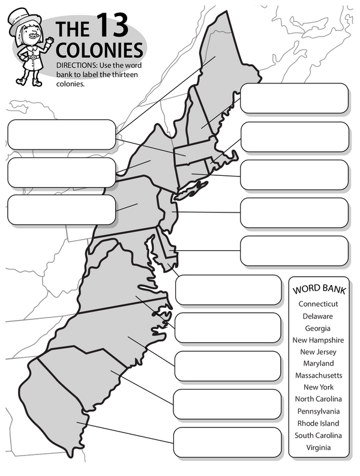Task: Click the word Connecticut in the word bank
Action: pyautogui.click(x=319, y=304)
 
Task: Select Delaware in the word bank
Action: pyautogui.click(x=318, y=316)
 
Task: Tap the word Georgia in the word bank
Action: pyautogui.click(x=318, y=328)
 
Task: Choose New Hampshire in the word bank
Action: pyautogui.click(x=318, y=340)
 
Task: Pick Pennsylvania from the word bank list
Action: pyautogui.click(x=318, y=411)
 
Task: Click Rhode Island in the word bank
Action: pyautogui.click(x=318, y=423)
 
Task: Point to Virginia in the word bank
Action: pyautogui.click(x=318, y=447)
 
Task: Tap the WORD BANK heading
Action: pyautogui.click(x=319, y=290)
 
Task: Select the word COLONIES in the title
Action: pyautogui.click(x=99, y=49)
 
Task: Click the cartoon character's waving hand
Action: pyautogui.click(x=49, y=41)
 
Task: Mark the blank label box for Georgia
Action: pyautogui.click(x=227, y=442)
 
